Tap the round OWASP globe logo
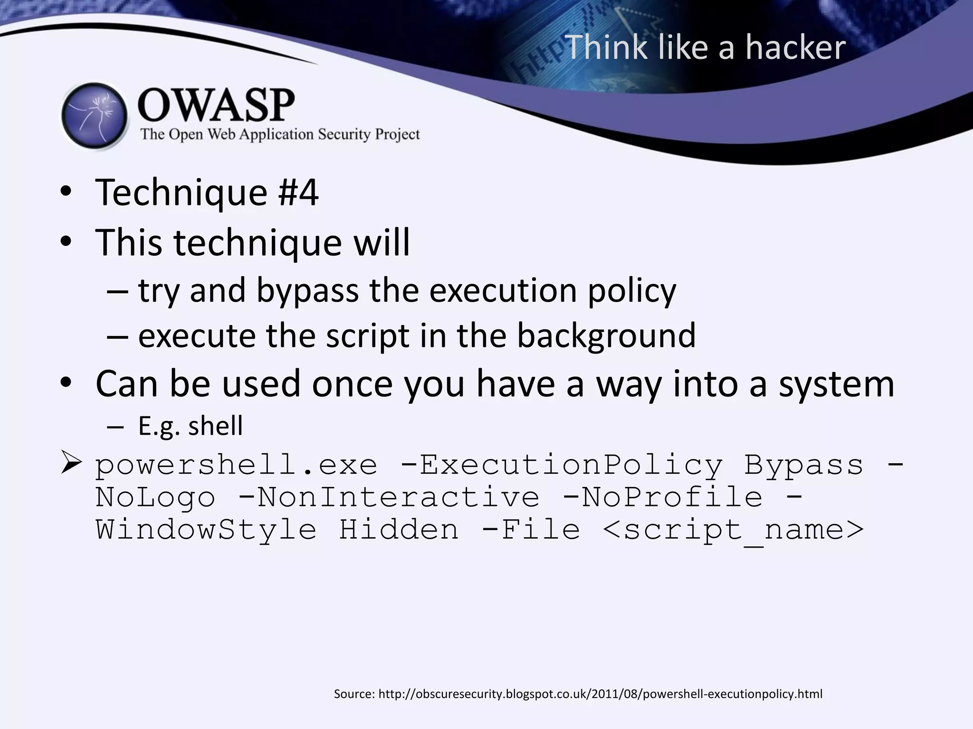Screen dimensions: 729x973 coord(95,116)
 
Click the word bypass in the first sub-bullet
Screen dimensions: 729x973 coord(307,290)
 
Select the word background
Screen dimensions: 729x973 coord(606,336)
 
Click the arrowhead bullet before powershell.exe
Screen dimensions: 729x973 coord(71,463)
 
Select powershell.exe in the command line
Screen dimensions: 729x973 coord(236,465)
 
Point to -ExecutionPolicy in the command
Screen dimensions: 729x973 coord(561,465)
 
